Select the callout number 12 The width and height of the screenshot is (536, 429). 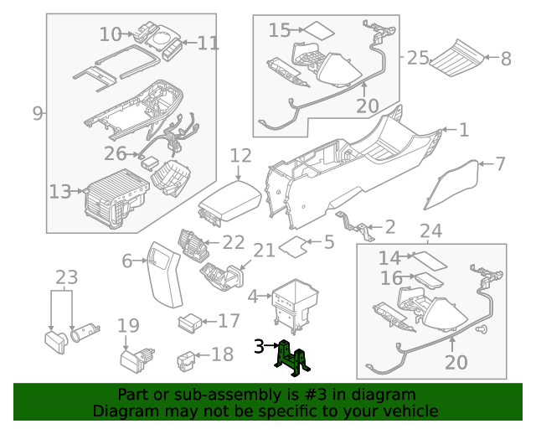click(x=240, y=156)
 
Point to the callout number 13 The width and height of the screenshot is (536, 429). click(x=59, y=192)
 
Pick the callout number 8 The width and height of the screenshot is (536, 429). click(x=505, y=59)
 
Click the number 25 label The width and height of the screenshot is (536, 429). click(x=418, y=58)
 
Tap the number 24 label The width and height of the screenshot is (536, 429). click(x=430, y=231)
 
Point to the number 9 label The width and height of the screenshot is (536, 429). click(x=37, y=113)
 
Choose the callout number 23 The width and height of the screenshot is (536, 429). click(x=66, y=277)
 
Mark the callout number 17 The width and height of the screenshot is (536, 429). click(x=229, y=321)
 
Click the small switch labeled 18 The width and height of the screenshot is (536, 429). click(x=186, y=361)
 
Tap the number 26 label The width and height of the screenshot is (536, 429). click(x=115, y=153)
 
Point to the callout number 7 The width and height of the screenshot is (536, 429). click(x=500, y=163)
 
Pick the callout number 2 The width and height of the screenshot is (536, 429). click(x=389, y=226)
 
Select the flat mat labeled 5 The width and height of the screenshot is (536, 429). click(x=292, y=246)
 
